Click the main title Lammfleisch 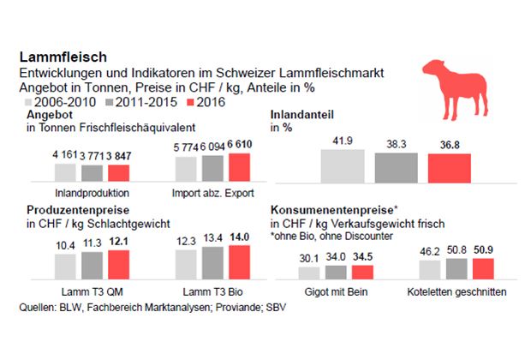pyautogui.click(x=63, y=57)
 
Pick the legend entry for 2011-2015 pyautogui.click(x=137, y=101)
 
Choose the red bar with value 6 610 pyautogui.click(x=240, y=169)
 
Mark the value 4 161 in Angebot pyautogui.click(x=66, y=155)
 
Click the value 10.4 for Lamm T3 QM pyautogui.click(x=63, y=246)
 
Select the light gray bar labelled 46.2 pyautogui.click(x=430, y=270)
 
